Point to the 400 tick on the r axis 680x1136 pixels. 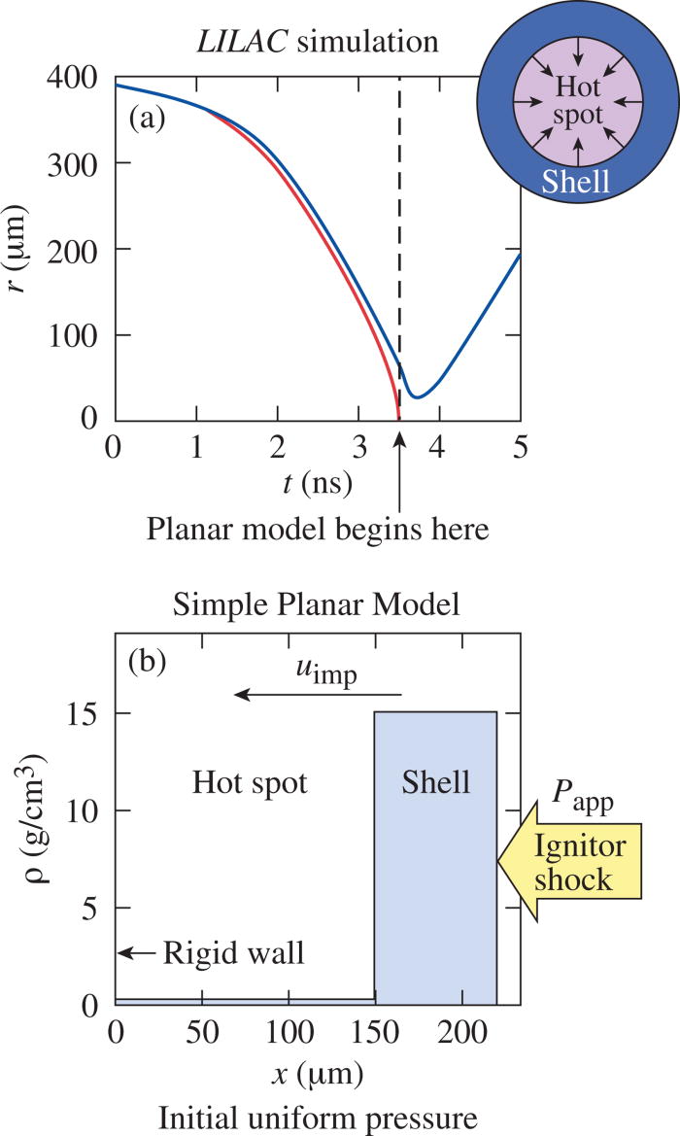coord(82,79)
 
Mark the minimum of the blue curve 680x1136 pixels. coord(416,396)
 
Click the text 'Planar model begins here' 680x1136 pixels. coord(317,530)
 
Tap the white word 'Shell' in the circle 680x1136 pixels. coord(577,181)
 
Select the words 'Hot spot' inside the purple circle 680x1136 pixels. coord(578,101)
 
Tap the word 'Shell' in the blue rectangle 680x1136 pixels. coord(435,782)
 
